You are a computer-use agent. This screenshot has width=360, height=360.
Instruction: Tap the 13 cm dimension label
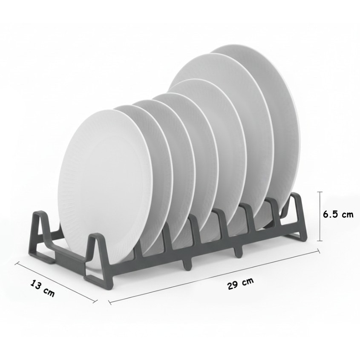[x=43, y=288]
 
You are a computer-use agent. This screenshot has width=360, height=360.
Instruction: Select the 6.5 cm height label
[x=338, y=214]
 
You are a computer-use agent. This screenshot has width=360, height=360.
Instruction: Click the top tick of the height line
[x=320, y=192]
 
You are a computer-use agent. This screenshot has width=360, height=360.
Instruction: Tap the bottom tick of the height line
[x=320, y=241]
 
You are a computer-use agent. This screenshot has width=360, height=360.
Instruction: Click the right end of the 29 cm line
[x=319, y=251]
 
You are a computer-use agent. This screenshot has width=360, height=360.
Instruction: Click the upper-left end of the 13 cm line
[x=16, y=263]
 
